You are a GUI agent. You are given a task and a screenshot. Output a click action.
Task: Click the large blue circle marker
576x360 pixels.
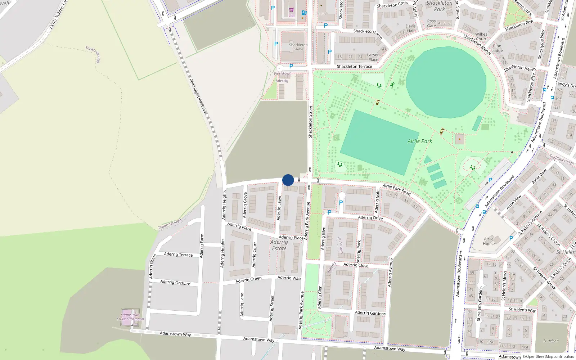[288, 180]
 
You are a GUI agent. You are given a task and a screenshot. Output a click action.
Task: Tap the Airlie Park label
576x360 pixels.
[420, 141]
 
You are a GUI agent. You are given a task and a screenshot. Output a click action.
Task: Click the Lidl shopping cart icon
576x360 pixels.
[291, 10]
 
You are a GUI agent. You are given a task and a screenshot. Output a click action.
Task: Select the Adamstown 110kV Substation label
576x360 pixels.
[130, 317]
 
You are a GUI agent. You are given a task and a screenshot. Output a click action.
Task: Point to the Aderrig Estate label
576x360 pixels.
[279, 245]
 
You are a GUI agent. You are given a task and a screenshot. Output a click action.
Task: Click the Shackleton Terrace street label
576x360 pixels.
[354, 67]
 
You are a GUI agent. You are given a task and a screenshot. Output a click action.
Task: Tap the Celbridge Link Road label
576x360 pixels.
[198, 96]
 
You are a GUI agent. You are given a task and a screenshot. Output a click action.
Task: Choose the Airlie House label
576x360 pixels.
[489, 241]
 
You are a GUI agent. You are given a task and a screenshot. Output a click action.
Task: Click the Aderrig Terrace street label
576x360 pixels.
[178, 255]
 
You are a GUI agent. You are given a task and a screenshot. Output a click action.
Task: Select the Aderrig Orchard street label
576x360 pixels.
[175, 283]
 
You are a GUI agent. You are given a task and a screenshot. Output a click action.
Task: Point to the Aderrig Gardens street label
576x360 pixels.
[370, 313]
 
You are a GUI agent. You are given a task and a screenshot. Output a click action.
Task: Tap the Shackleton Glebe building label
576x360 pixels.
[298, 47]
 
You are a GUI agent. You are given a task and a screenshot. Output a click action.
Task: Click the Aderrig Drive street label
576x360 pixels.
[370, 217]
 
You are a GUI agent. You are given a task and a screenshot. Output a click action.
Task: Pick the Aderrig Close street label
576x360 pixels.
[356, 265]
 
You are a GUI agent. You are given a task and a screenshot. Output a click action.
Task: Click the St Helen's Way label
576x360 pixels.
[522, 310]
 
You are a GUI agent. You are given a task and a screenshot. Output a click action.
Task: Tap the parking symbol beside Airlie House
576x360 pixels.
[511, 238]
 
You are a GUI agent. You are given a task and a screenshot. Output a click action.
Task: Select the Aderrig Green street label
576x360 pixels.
[248, 280]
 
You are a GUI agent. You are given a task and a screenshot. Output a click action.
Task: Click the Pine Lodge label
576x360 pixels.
[497, 48]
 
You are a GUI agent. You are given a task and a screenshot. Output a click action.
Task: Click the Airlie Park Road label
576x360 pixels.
[396, 189]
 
